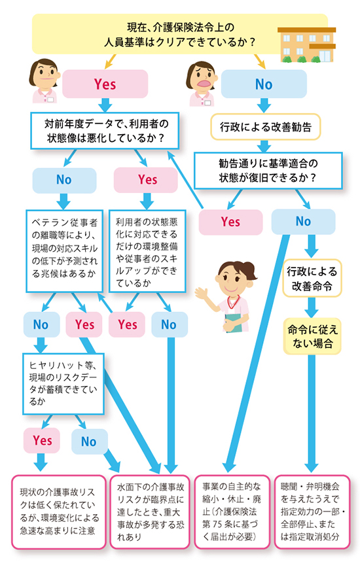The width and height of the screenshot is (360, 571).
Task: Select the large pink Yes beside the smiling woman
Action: [105, 84]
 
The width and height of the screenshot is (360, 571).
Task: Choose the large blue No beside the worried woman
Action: [264, 84]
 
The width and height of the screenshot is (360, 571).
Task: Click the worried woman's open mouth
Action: [205, 84]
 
